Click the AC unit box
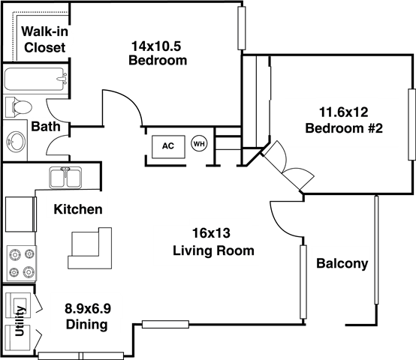coord(168,147)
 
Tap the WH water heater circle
coord(199,144)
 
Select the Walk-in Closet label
coord(44,40)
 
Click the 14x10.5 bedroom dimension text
coord(156,46)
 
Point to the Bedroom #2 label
coord(344,128)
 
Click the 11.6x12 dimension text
coord(344,112)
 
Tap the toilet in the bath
coord(19,107)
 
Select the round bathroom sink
coord(16,142)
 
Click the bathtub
coord(35,79)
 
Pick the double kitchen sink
coord(65,178)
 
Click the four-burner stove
coord(22,263)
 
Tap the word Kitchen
coord(78,209)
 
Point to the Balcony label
coord(342,263)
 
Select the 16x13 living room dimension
coord(211,233)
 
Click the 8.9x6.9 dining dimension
coord(88,308)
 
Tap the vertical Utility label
coord(20,321)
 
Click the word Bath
coord(46,126)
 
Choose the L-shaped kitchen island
coord(89,248)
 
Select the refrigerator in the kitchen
coord(21,214)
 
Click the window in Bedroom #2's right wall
coord(411,124)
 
